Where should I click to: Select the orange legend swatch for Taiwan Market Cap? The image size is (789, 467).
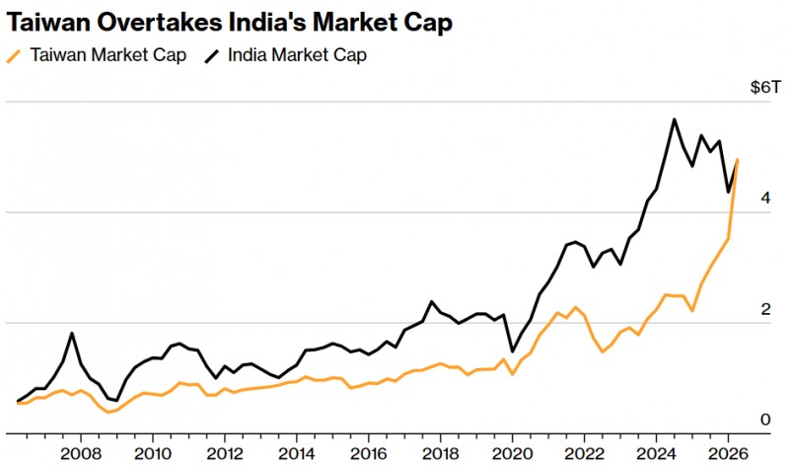pyautogui.click(x=14, y=55)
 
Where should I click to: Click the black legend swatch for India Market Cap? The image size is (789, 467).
pyautogui.click(x=212, y=55)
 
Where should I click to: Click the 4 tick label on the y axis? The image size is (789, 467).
pyautogui.click(x=765, y=198)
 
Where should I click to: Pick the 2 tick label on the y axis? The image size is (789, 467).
pyautogui.click(x=765, y=309)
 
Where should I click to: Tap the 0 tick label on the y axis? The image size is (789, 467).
pyautogui.click(x=765, y=420)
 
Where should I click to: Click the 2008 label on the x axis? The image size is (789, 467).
pyautogui.click(x=81, y=453)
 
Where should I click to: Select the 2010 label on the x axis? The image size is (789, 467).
pyautogui.click(x=153, y=453)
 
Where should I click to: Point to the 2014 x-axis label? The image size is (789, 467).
pyautogui.click(x=297, y=453)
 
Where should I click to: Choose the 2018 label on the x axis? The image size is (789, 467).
pyautogui.click(x=440, y=453)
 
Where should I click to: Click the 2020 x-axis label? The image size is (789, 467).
pyautogui.click(x=512, y=453)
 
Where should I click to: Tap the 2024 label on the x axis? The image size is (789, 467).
pyautogui.click(x=656, y=453)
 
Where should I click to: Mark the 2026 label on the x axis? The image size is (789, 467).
pyautogui.click(x=728, y=453)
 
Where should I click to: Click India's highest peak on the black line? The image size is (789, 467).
pyautogui.click(x=675, y=119)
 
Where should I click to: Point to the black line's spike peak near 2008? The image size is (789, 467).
pyautogui.click(x=72, y=333)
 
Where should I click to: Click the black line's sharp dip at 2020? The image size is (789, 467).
pyautogui.click(x=512, y=351)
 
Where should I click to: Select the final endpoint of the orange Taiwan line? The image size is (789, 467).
pyautogui.click(x=737, y=160)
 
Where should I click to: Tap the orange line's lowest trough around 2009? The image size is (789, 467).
pyautogui.click(x=108, y=412)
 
